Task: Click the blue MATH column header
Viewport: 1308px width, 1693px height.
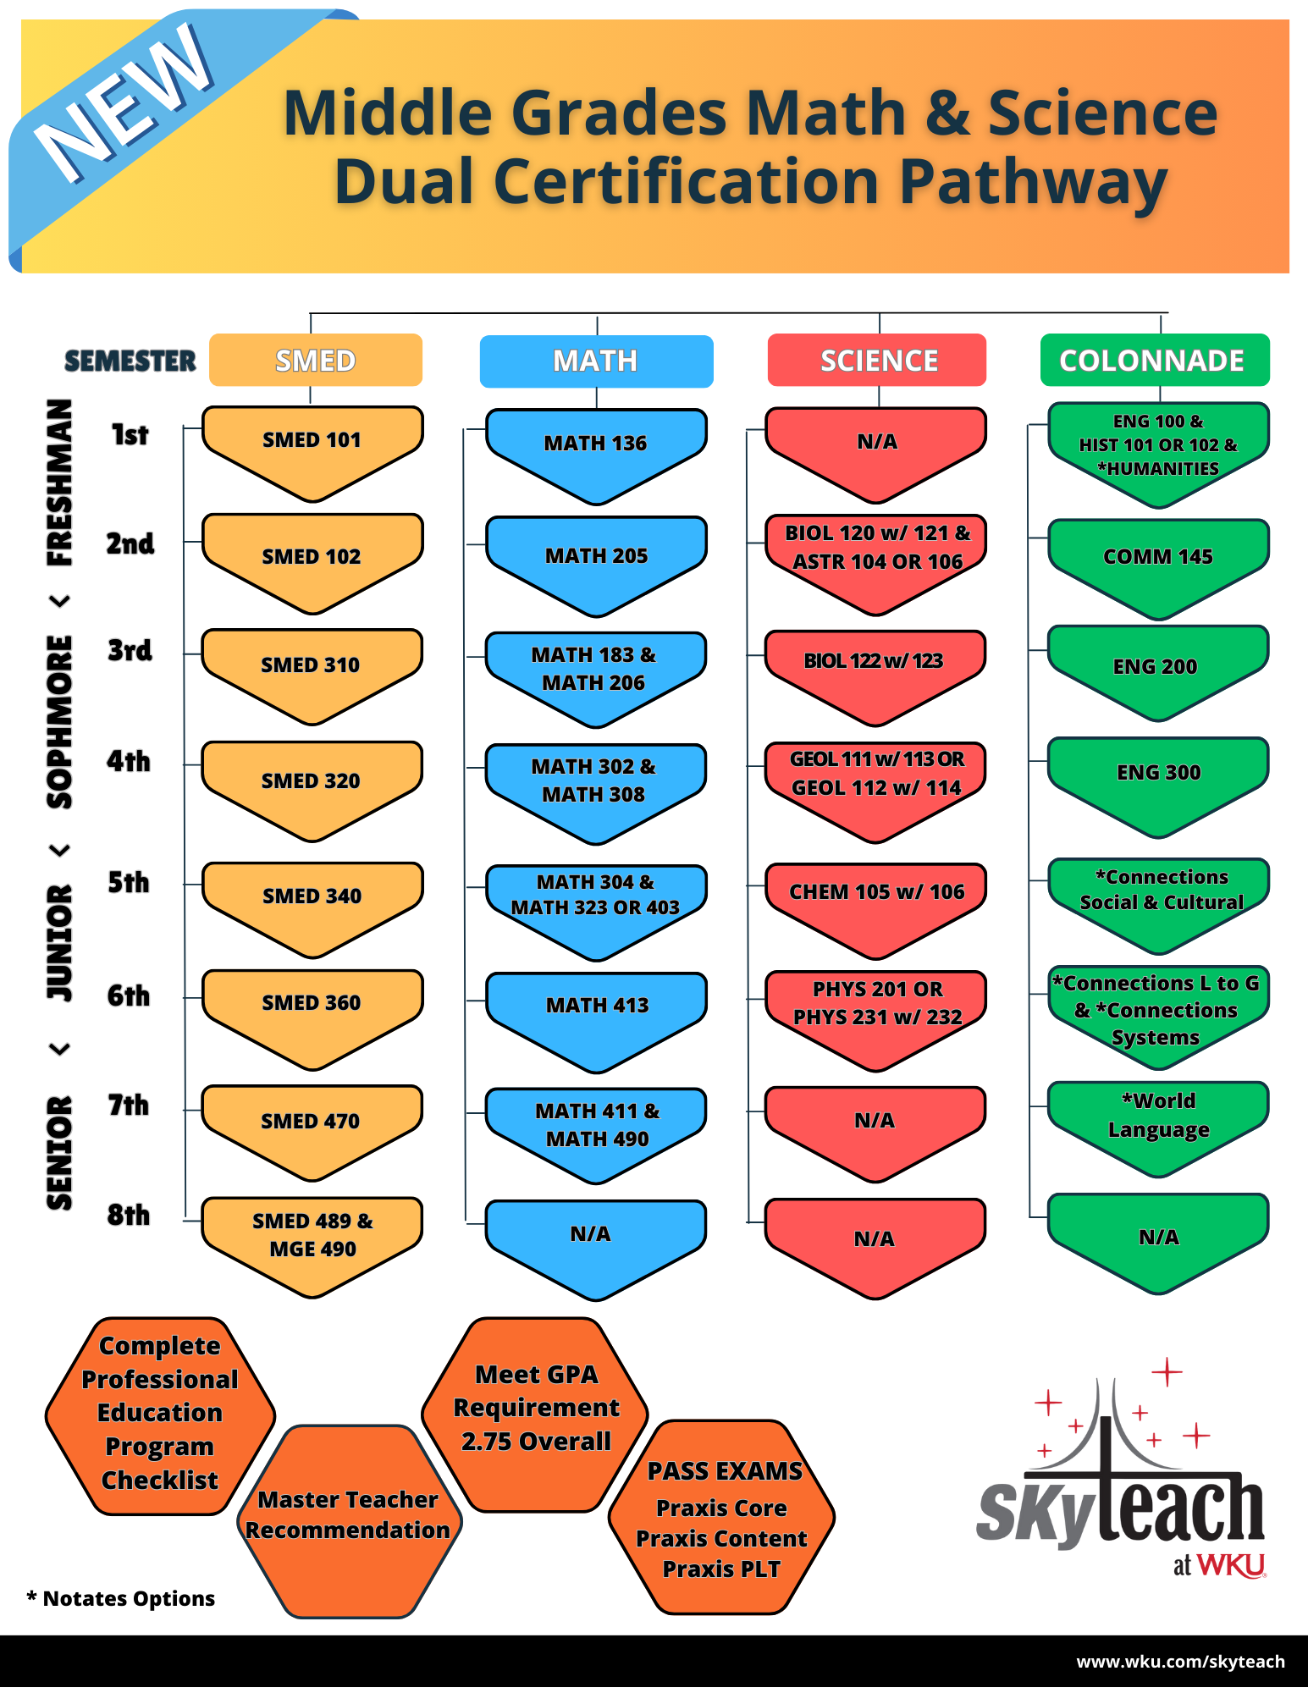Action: [596, 361]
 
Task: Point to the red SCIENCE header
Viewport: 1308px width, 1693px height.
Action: [878, 361]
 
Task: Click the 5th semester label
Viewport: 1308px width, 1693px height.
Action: [129, 883]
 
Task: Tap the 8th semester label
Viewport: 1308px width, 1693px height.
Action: [129, 1216]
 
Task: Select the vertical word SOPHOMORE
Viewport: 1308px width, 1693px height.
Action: [60, 721]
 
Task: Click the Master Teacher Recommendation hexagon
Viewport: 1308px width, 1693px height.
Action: [348, 1515]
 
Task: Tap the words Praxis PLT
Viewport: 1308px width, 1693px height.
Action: [721, 1569]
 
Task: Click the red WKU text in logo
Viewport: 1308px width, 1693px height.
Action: [1232, 1565]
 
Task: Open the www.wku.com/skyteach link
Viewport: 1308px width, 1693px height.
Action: [1180, 1662]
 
